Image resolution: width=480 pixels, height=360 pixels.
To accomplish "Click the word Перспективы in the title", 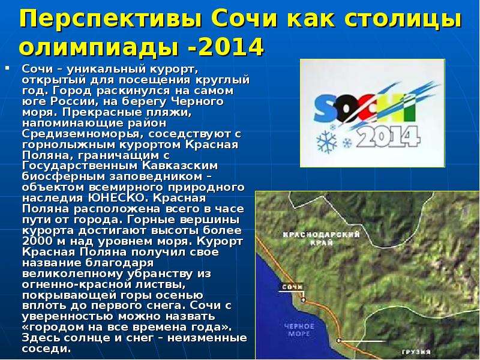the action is [x=110, y=20].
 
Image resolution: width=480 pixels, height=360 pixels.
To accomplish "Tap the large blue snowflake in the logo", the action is [x=326, y=142].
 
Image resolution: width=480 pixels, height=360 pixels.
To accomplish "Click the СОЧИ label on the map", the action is [x=292, y=287].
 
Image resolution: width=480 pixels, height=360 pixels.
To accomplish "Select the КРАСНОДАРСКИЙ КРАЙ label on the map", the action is [x=322, y=238].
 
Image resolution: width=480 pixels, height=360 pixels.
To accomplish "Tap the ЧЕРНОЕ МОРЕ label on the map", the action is [x=299, y=329].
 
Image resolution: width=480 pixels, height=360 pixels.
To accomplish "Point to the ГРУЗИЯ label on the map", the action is [x=416, y=352].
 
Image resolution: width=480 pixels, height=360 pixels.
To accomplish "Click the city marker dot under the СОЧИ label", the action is [x=304, y=299].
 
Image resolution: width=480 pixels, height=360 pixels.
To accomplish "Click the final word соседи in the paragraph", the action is [x=46, y=349].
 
